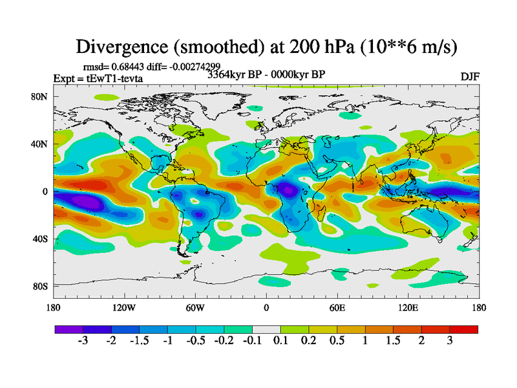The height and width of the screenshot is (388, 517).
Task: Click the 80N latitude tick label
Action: (x=40, y=97)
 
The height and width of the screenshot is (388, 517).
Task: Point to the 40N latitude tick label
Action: (x=40, y=144)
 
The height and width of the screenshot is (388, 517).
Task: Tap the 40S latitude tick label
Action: (x=40, y=239)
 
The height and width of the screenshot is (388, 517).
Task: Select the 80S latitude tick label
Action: (x=40, y=286)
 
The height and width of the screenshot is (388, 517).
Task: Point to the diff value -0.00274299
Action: (x=193, y=66)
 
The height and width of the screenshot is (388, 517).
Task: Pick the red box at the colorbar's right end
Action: (x=464, y=329)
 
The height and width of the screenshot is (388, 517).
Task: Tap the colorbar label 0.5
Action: (x=337, y=341)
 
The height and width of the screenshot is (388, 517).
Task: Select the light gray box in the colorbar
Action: (x=266, y=329)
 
